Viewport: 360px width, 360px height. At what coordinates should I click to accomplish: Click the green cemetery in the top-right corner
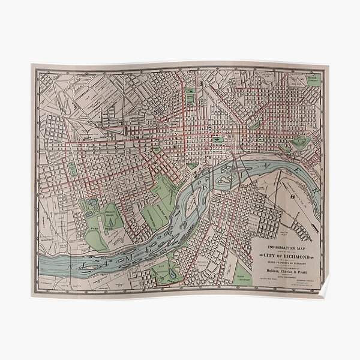(x=313, y=79)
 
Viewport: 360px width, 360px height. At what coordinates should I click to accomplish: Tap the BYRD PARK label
(x=94, y=228)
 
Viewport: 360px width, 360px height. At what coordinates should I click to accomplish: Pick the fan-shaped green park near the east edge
(x=298, y=143)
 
